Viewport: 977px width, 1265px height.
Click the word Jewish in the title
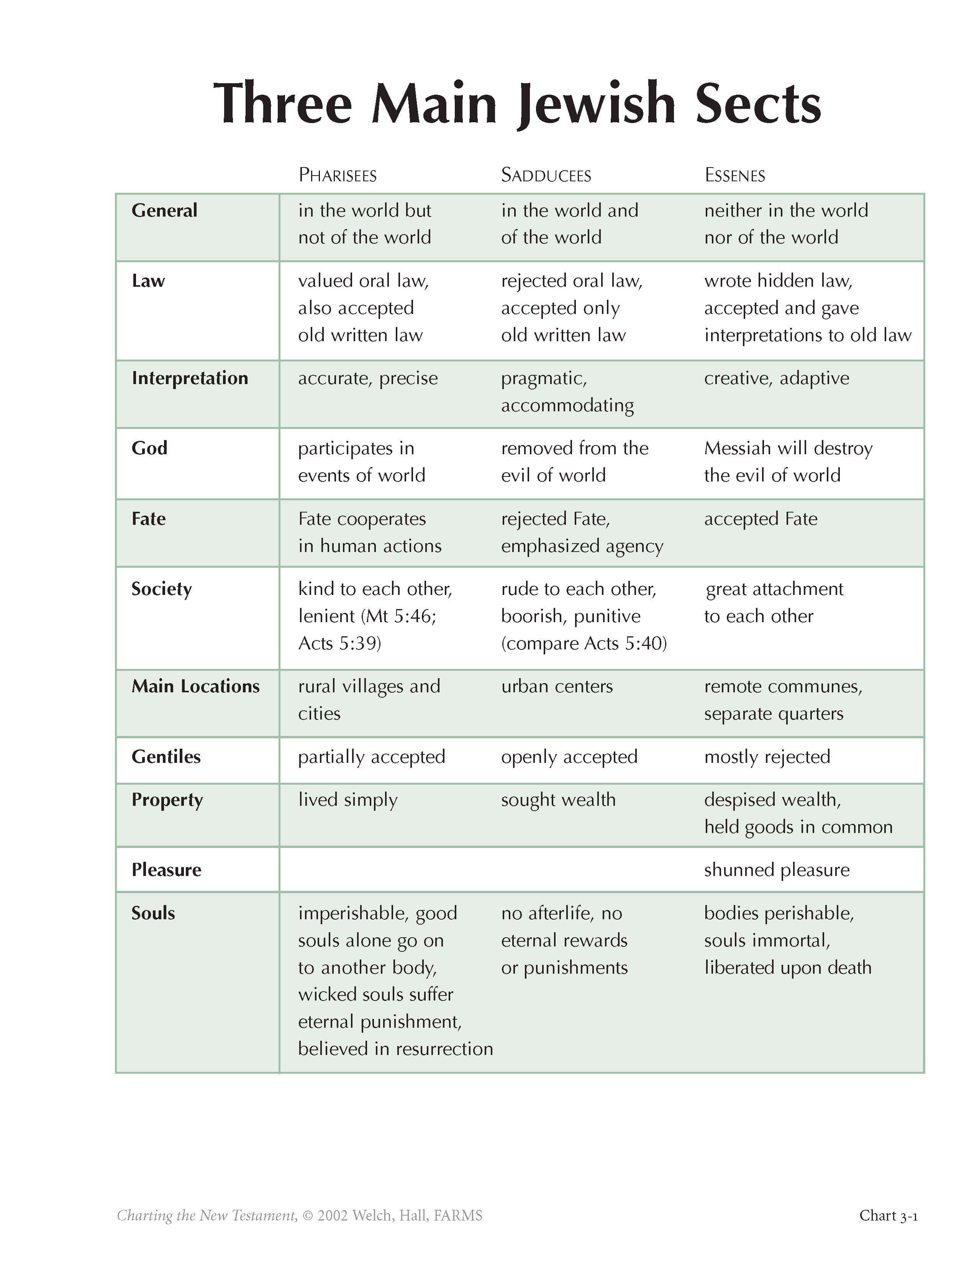pos(596,104)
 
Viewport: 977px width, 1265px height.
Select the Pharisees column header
pos(338,175)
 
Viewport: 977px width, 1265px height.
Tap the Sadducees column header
pos(546,175)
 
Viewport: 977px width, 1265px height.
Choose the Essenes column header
pos(734,175)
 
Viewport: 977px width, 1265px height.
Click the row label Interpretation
pos(190,378)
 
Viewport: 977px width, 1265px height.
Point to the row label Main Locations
pos(196,687)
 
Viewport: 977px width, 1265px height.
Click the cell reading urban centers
pos(557,687)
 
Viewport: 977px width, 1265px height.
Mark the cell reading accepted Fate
pos(761,519)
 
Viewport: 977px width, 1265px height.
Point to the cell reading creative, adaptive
pos(777,378)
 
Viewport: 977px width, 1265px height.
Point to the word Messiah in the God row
pos(737,449)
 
